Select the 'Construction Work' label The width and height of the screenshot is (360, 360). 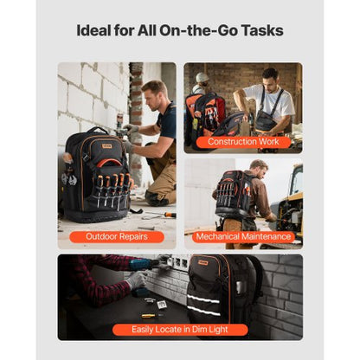pos(242,142)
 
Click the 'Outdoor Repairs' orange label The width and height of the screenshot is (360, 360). pos(117,236)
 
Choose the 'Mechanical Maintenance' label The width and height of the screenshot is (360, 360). pos(242,236)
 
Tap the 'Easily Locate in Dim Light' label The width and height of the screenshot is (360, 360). pos(180,330)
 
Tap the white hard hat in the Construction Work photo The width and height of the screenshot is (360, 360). pos(202,79)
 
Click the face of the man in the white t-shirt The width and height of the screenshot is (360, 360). pos(269,79)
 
